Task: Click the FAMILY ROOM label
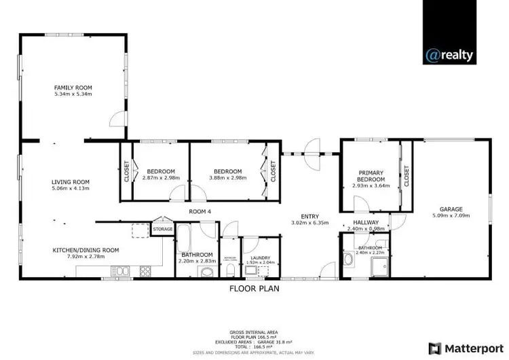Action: (73, 87)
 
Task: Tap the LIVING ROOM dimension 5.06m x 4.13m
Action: (71, 188)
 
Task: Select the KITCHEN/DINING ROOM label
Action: (86, 250)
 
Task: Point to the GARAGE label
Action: (451, 209)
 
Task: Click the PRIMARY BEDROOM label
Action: (371, 177)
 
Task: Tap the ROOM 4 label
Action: (200, 212)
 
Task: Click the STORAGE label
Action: (163, 230)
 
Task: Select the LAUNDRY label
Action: (261, 257)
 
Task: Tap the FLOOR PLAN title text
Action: (254, 288)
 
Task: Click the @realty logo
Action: (449, 56)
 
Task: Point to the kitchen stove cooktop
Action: (145, 272)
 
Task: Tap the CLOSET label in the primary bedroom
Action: (407, 177)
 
